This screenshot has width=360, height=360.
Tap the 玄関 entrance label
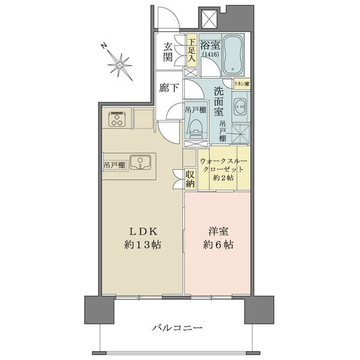(168, 53)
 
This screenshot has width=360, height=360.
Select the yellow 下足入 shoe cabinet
(191, 52)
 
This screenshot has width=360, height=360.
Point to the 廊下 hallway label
(169, 88)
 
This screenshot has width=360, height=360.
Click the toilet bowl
(195, 127)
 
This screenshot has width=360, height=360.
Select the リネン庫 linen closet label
(242, 83)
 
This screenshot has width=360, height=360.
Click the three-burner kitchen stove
(116, 120)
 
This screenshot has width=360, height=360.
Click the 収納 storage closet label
(190, 179)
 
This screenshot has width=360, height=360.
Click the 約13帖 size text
(142, 245)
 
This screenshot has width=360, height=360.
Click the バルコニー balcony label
(177, 328)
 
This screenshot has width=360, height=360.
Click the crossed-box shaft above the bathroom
(209, 20)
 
